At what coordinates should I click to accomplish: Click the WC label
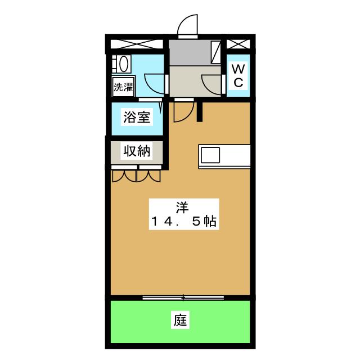point(238,76)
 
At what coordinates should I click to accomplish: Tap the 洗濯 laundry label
point(123,87)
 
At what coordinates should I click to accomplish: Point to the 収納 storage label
point(137,151)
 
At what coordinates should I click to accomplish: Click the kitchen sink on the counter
point(212,154)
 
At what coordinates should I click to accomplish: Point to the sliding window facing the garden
point(183,296)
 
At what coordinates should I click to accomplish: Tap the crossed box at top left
point(137,44)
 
